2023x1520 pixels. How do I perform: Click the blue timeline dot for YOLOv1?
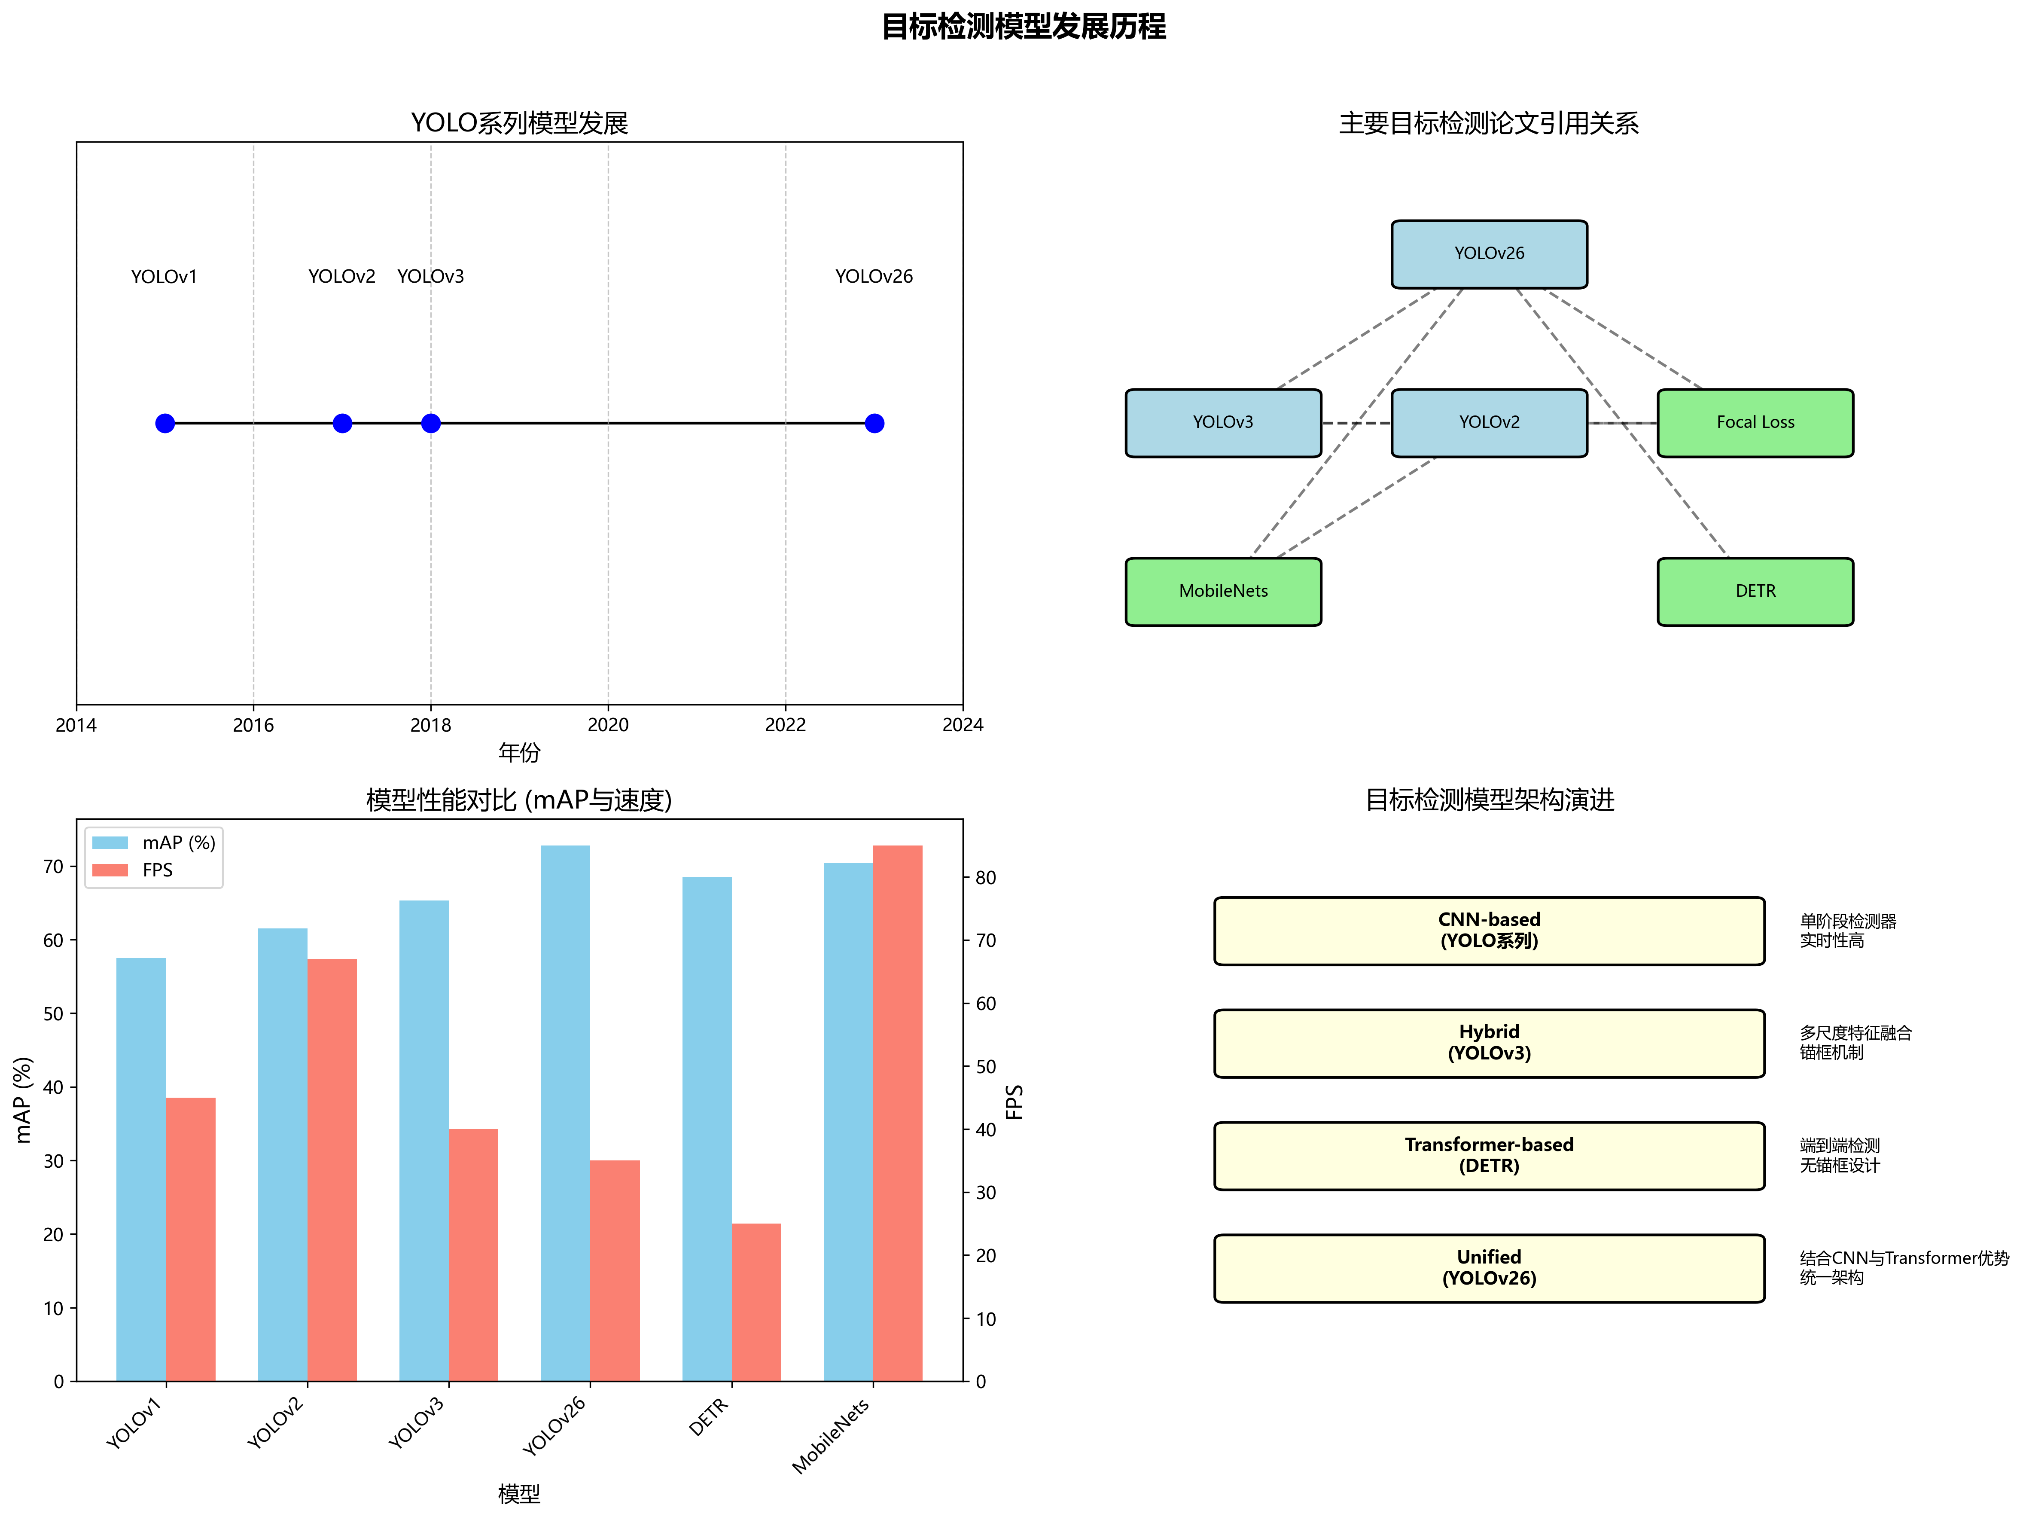[x=165, y=424]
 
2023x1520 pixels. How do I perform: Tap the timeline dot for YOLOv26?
[x=874, y=424]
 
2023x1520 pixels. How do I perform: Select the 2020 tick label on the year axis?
[x=608, y=725]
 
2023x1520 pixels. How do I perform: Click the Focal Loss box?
[x=1755, y=422]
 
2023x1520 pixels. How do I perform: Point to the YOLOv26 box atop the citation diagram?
[x=1489, y=253]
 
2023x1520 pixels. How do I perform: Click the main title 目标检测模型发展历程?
[x=1024, y=27]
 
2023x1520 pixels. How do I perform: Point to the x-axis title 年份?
[x=519, y=753]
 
